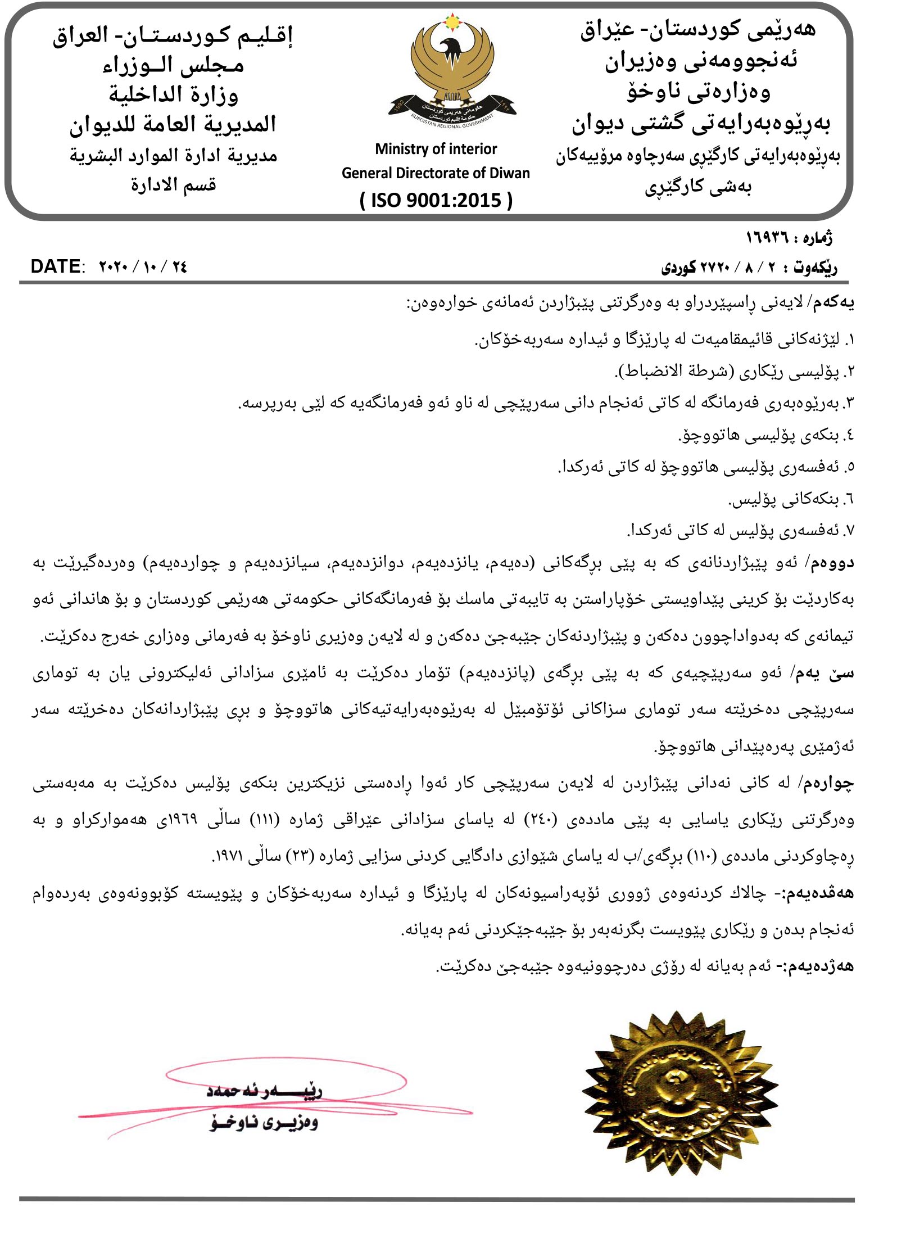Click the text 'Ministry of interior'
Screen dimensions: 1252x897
[436, 149]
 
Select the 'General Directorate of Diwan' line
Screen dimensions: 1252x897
[436, 173]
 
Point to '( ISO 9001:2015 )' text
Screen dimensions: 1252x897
[436, 200]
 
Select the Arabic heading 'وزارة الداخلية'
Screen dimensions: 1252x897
[173, 95]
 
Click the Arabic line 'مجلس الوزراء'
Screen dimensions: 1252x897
[173, 66]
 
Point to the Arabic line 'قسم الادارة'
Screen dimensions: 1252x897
[173, 185]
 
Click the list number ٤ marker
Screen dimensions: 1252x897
[849, 435]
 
